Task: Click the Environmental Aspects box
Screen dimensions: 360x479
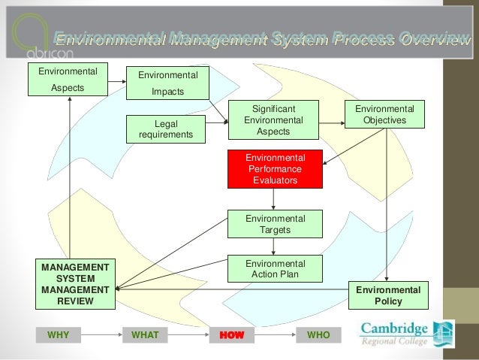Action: [x=67, y=80]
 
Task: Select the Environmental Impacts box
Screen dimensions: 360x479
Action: [x=168, y=83]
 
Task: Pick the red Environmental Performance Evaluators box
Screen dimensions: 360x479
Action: [x=275, y=169]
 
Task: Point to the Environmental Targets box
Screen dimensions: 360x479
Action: [x=275, y=224]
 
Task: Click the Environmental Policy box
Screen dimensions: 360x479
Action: [x=387, y=295]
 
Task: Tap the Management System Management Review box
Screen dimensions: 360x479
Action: [x=75, y=284]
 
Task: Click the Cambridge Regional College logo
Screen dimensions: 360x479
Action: [x=406, y=334]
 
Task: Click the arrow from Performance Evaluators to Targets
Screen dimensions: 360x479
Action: [x=274, y=198]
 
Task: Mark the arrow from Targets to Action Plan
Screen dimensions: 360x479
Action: [x=274, y=247]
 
